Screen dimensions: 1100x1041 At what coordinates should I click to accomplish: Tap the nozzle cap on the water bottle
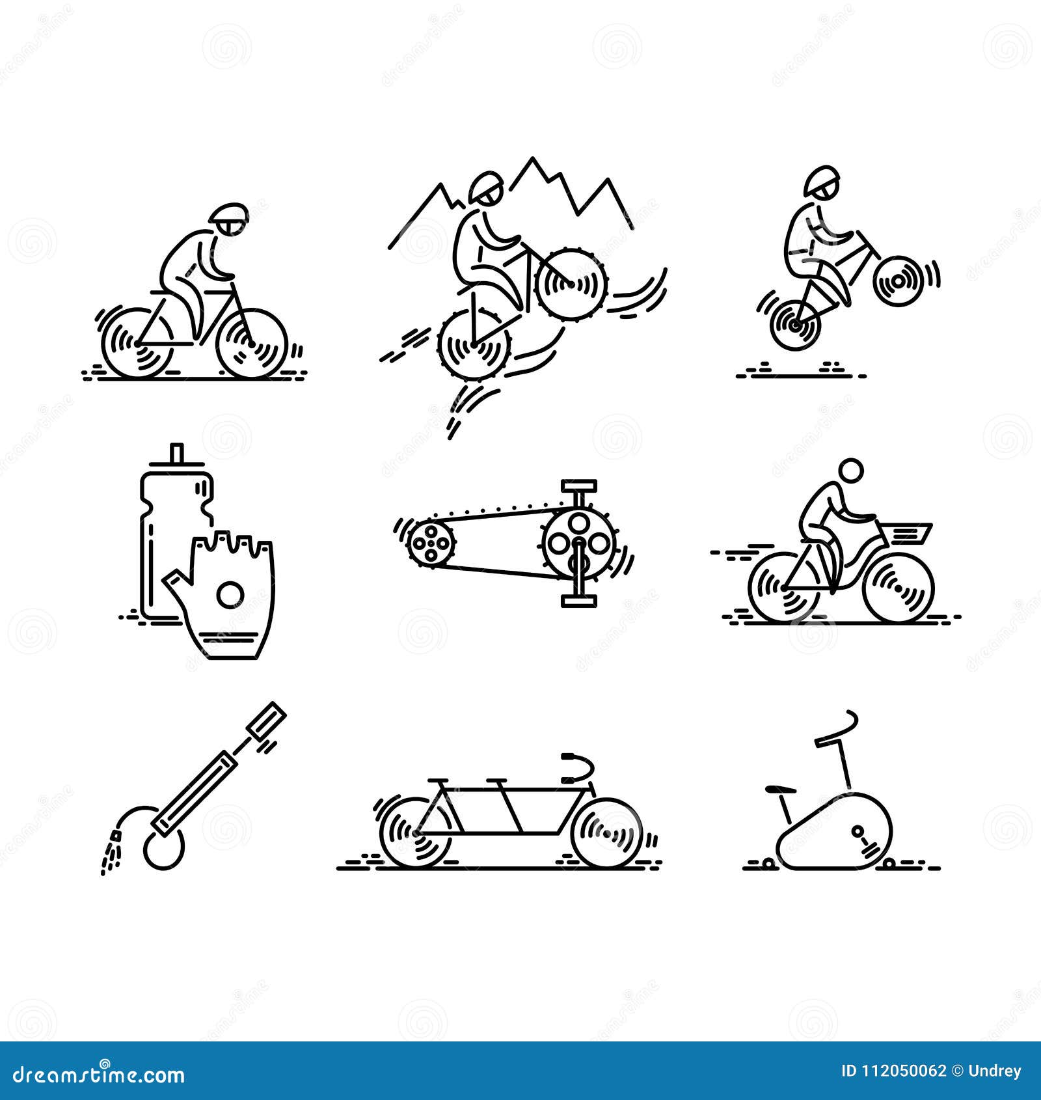176,452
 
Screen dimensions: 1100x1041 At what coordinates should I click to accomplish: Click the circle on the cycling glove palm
230,594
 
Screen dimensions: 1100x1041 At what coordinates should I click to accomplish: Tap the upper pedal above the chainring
579,486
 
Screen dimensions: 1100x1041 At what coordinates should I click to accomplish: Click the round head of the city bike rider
849,471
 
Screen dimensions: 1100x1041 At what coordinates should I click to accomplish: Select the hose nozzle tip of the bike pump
115,835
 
